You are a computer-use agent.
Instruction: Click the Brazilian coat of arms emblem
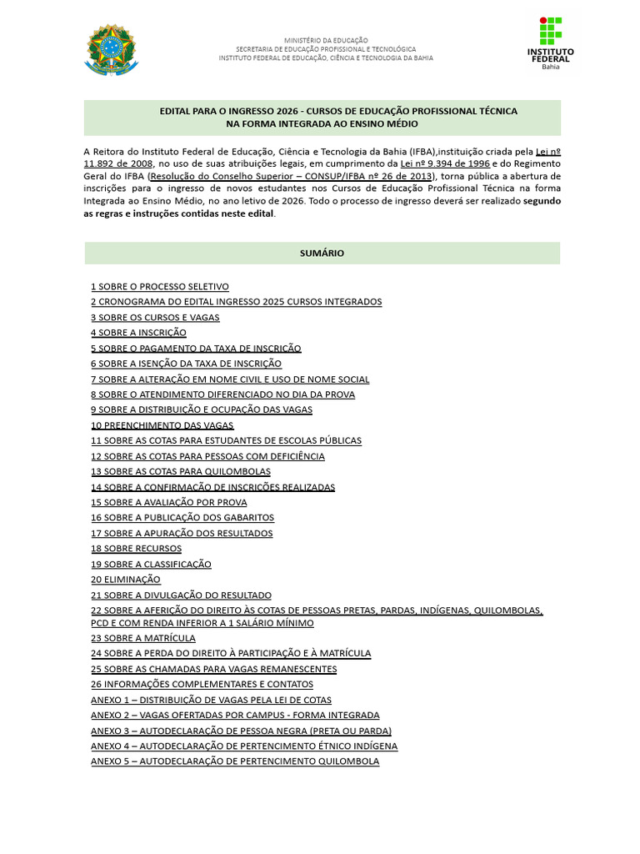pyautogui.click(x=111, y=49)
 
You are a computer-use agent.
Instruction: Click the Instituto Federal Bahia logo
pyautogui.click(x=551, y=44)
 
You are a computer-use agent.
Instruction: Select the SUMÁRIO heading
pyautogui.click(x=322, y=253)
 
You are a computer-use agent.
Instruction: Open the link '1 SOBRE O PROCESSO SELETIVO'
pyautogui.click(x=160, y=286)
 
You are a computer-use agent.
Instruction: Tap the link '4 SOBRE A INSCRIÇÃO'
pyautogui.click(x=138, y=333)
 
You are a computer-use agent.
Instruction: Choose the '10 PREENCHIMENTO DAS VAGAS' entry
pyautogui.click(x=162, y=425)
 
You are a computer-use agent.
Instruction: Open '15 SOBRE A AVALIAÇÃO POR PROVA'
pyautogui.click(x=169, y=502)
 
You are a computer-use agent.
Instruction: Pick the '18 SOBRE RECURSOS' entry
pyautogui.click(x=136, y=549)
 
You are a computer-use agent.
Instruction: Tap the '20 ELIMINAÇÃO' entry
pyautogui.click(x=126, y=580)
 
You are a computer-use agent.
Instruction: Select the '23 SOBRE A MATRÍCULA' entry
pyautogui.click(x=143, y=638)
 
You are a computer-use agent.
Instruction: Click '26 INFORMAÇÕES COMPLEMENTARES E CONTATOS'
pyautogui.click(x=202, y=684)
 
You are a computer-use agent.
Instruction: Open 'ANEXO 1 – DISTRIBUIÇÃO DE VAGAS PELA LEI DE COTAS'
pyautogui.click(x=211, y=700)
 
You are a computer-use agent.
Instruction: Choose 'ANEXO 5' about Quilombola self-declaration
pyautogui.click(x=235, y=761)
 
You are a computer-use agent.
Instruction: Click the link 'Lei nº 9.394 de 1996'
pyautogui.click(x=445, y=164)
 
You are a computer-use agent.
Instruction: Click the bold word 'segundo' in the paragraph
pyautogui.click(x=542, y=201)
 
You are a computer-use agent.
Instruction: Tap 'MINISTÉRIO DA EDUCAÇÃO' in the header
pyautogui.click(x=326, y=40)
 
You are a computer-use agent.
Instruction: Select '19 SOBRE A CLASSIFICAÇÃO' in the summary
pyautogui.click(x=151, y=564)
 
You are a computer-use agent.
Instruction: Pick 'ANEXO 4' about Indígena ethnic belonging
pyautogui.click(x=244, y=746)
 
